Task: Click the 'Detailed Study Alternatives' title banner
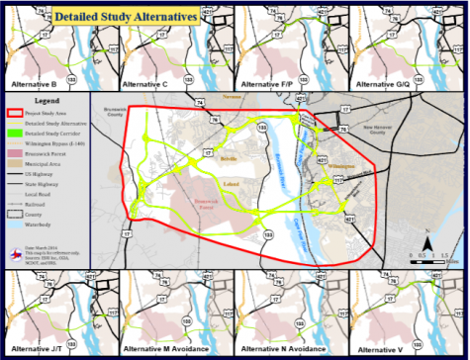(x=125, y=17)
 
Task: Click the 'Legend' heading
(x=47, y=101)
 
